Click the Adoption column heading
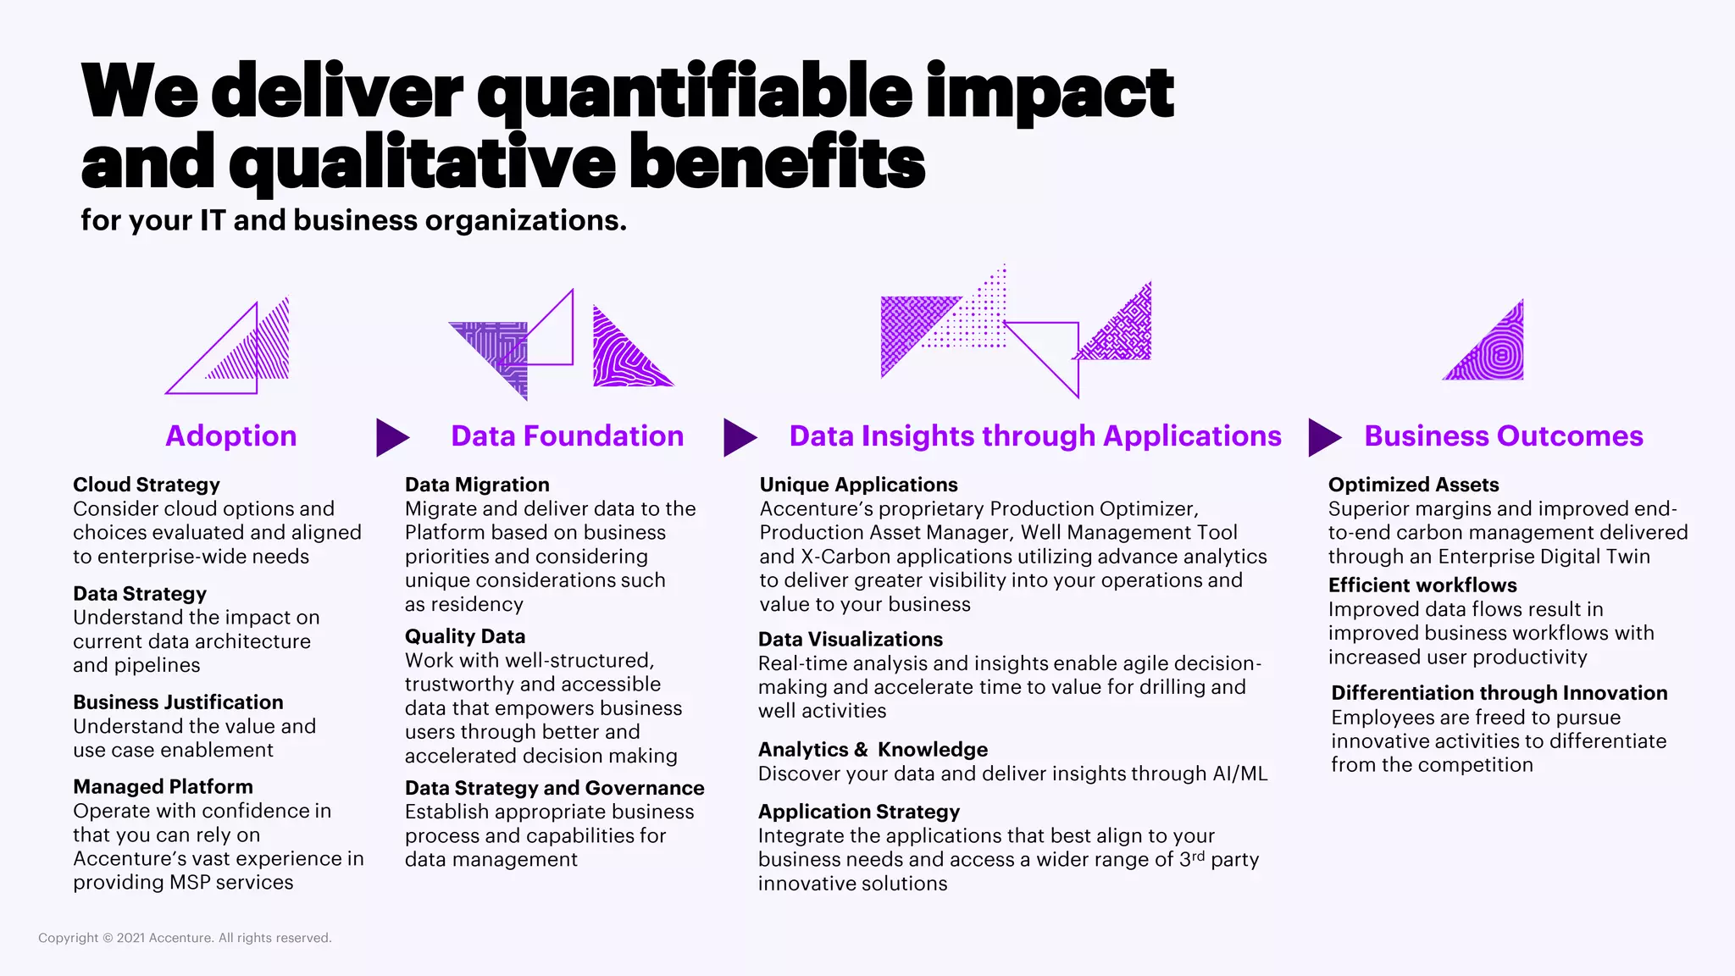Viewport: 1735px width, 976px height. click(x=230, y=435)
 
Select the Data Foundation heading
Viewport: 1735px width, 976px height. click(x=567, y=435)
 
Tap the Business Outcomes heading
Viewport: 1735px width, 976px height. click(x=1503, y=435)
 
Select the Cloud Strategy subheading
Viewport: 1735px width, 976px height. click(x=146, y=485)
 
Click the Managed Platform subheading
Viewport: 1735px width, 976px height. click(x=163, y=786)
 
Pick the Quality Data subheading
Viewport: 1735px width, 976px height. click(x=464, y=636)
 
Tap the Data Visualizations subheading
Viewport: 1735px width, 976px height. click(x=850, y=639)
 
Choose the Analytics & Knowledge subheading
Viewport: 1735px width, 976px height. click(x=873, y=749)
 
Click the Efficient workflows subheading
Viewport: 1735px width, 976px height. click(x=1422, y=585)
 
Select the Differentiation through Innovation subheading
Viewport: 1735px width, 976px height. click(x=1499, y=693)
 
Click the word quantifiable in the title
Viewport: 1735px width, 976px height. click(x=695, y=91)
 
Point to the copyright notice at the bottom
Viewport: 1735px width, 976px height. click(x=185, y=938)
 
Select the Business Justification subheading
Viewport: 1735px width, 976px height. click(x=178, y=702)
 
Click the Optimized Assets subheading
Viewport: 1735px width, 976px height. click(x=1413, y=485)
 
